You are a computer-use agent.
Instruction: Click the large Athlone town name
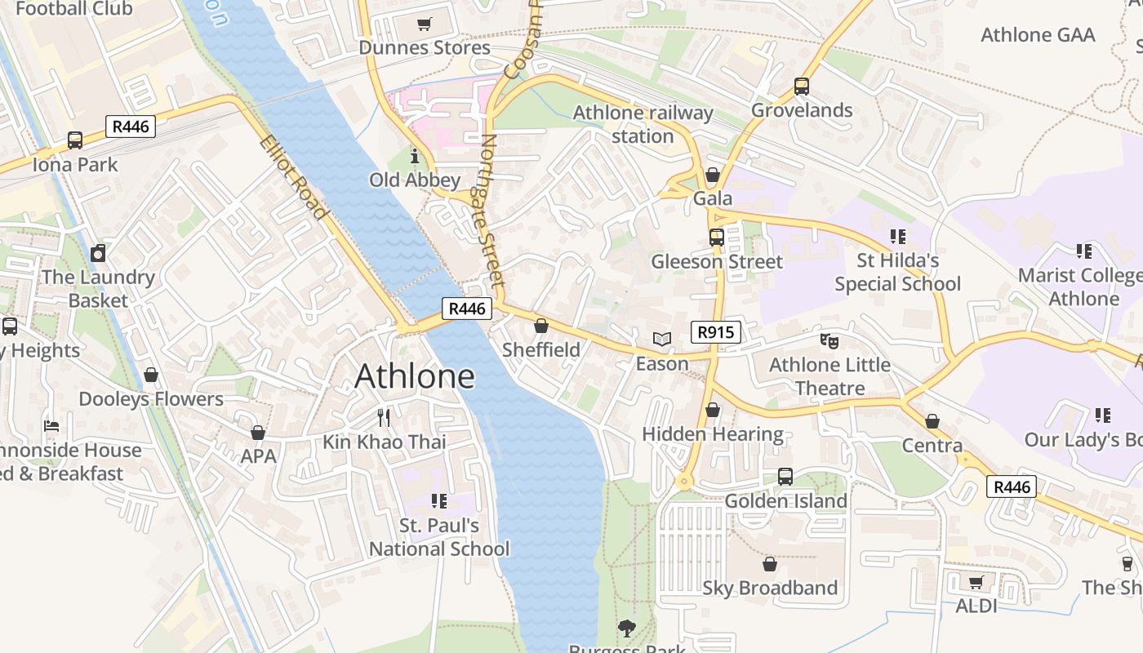415,376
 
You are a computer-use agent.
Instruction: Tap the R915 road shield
716,332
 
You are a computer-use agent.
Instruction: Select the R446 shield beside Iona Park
131,127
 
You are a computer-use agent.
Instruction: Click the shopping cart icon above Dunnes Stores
424,24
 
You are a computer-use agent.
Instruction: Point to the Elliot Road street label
294,178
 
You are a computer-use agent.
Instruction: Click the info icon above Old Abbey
414,156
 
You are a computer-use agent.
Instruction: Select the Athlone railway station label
643,124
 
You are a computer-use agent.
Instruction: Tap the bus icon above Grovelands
801,87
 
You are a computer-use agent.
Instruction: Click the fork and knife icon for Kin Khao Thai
384,418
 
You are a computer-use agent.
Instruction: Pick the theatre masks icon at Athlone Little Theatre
829,340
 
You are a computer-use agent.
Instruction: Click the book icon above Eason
661,339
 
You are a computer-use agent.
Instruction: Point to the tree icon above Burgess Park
627,629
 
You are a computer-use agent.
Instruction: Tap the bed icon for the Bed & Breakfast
51,426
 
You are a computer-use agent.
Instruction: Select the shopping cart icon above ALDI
976,582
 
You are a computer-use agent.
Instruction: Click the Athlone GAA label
1037,35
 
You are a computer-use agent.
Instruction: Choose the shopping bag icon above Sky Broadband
769,564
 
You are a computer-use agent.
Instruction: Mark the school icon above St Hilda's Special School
897,237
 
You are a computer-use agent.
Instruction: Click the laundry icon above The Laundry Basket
98,253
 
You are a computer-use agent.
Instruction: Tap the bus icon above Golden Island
785,476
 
